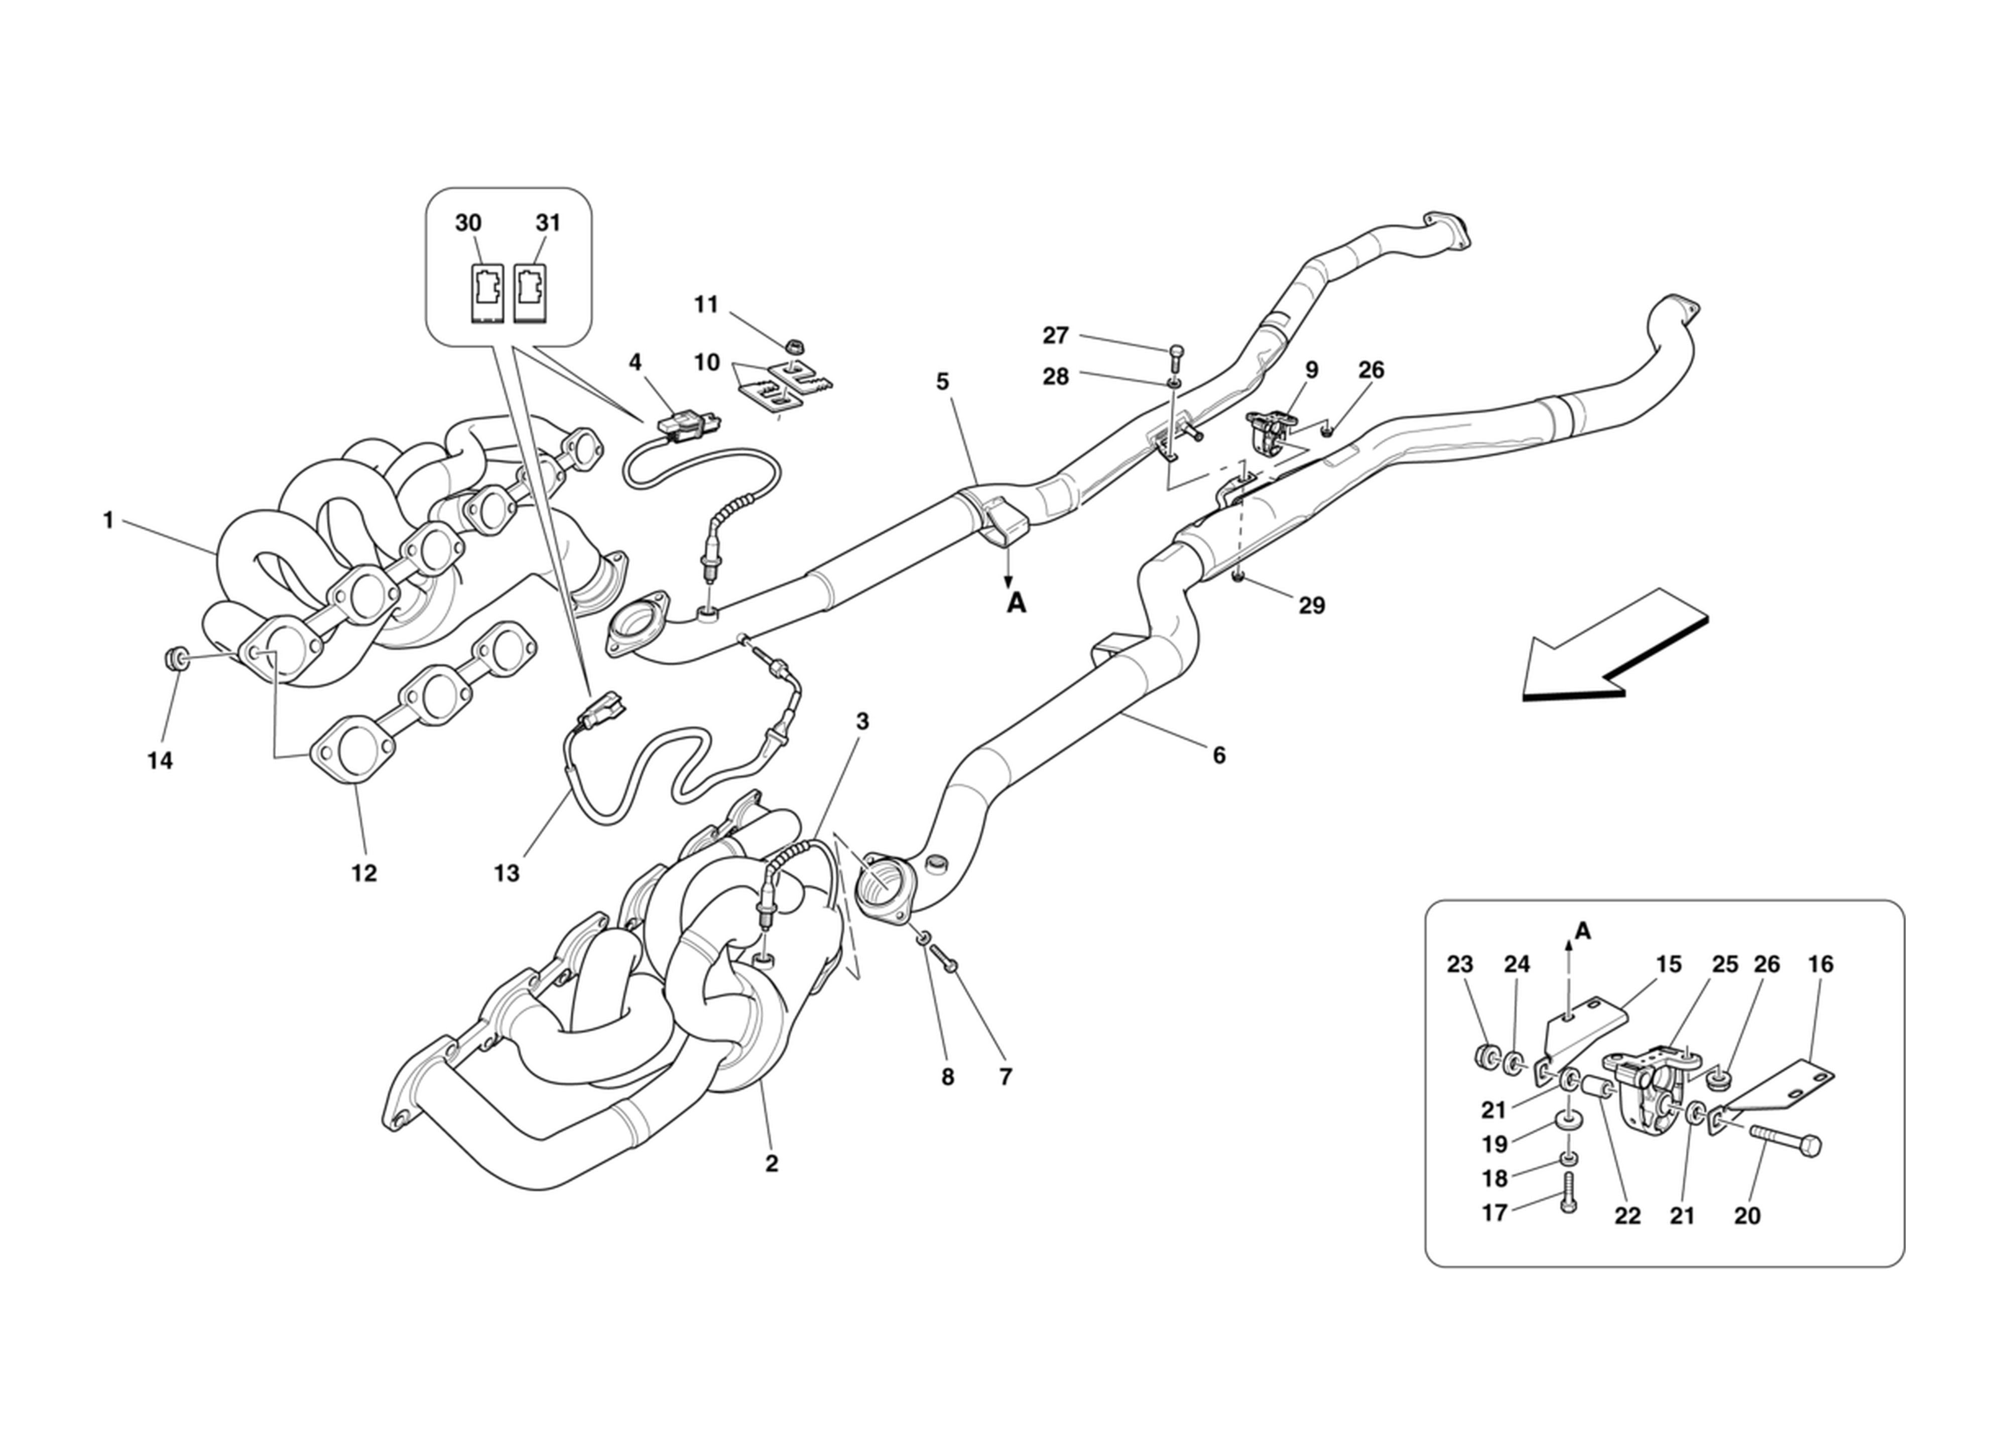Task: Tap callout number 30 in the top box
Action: pyautogui.click(x=468, y=223)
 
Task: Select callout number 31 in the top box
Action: pyautogui.click(x=548, y=223)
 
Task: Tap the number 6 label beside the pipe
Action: pyautogui.click(x=1219, y=755)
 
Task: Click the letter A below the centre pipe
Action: pyautogui.click(x=1017, y=604)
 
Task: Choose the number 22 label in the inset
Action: pyautogui.click(x=1627, y=1216)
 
